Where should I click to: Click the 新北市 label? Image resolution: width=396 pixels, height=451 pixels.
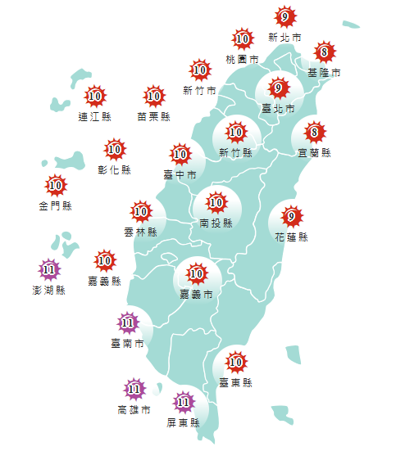(x=284, y=38)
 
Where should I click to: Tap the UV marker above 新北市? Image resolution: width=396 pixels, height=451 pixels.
(x=284, y=16)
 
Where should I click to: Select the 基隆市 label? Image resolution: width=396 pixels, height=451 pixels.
(x=324, y=74)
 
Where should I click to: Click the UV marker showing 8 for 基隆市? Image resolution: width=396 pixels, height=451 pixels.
(x=325, y=53)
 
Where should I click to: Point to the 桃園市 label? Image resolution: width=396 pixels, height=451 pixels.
(x=242, y=60)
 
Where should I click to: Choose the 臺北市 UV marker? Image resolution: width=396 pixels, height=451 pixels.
(x=278, y=88)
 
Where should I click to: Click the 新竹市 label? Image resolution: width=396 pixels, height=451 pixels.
(x=199, y=90)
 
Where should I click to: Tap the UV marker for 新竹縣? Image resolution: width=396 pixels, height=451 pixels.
(x=236, y=131)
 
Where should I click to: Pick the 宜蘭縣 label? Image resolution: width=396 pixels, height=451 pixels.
(x=314, y=152)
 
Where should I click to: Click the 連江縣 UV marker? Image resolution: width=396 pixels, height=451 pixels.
(x=94, y=97)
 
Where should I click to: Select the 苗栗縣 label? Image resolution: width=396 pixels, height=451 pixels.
(x=153, y=117)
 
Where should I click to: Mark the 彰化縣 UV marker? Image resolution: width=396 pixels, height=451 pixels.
(x=114, y=150)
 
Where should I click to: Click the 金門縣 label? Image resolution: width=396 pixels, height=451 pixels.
(x=55, y=206)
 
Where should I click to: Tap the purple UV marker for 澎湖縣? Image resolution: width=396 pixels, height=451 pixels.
(x=49, y=268)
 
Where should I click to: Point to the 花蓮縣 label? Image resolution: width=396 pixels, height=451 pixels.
(x=292, y=237)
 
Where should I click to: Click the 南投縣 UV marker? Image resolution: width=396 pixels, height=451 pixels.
(x=216, y=201)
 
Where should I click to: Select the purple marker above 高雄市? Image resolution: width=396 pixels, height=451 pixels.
(x=134, y=389)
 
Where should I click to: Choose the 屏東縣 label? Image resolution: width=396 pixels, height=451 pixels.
(x=183, y=423)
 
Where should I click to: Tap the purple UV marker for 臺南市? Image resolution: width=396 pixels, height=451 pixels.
(x=127, y=323)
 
